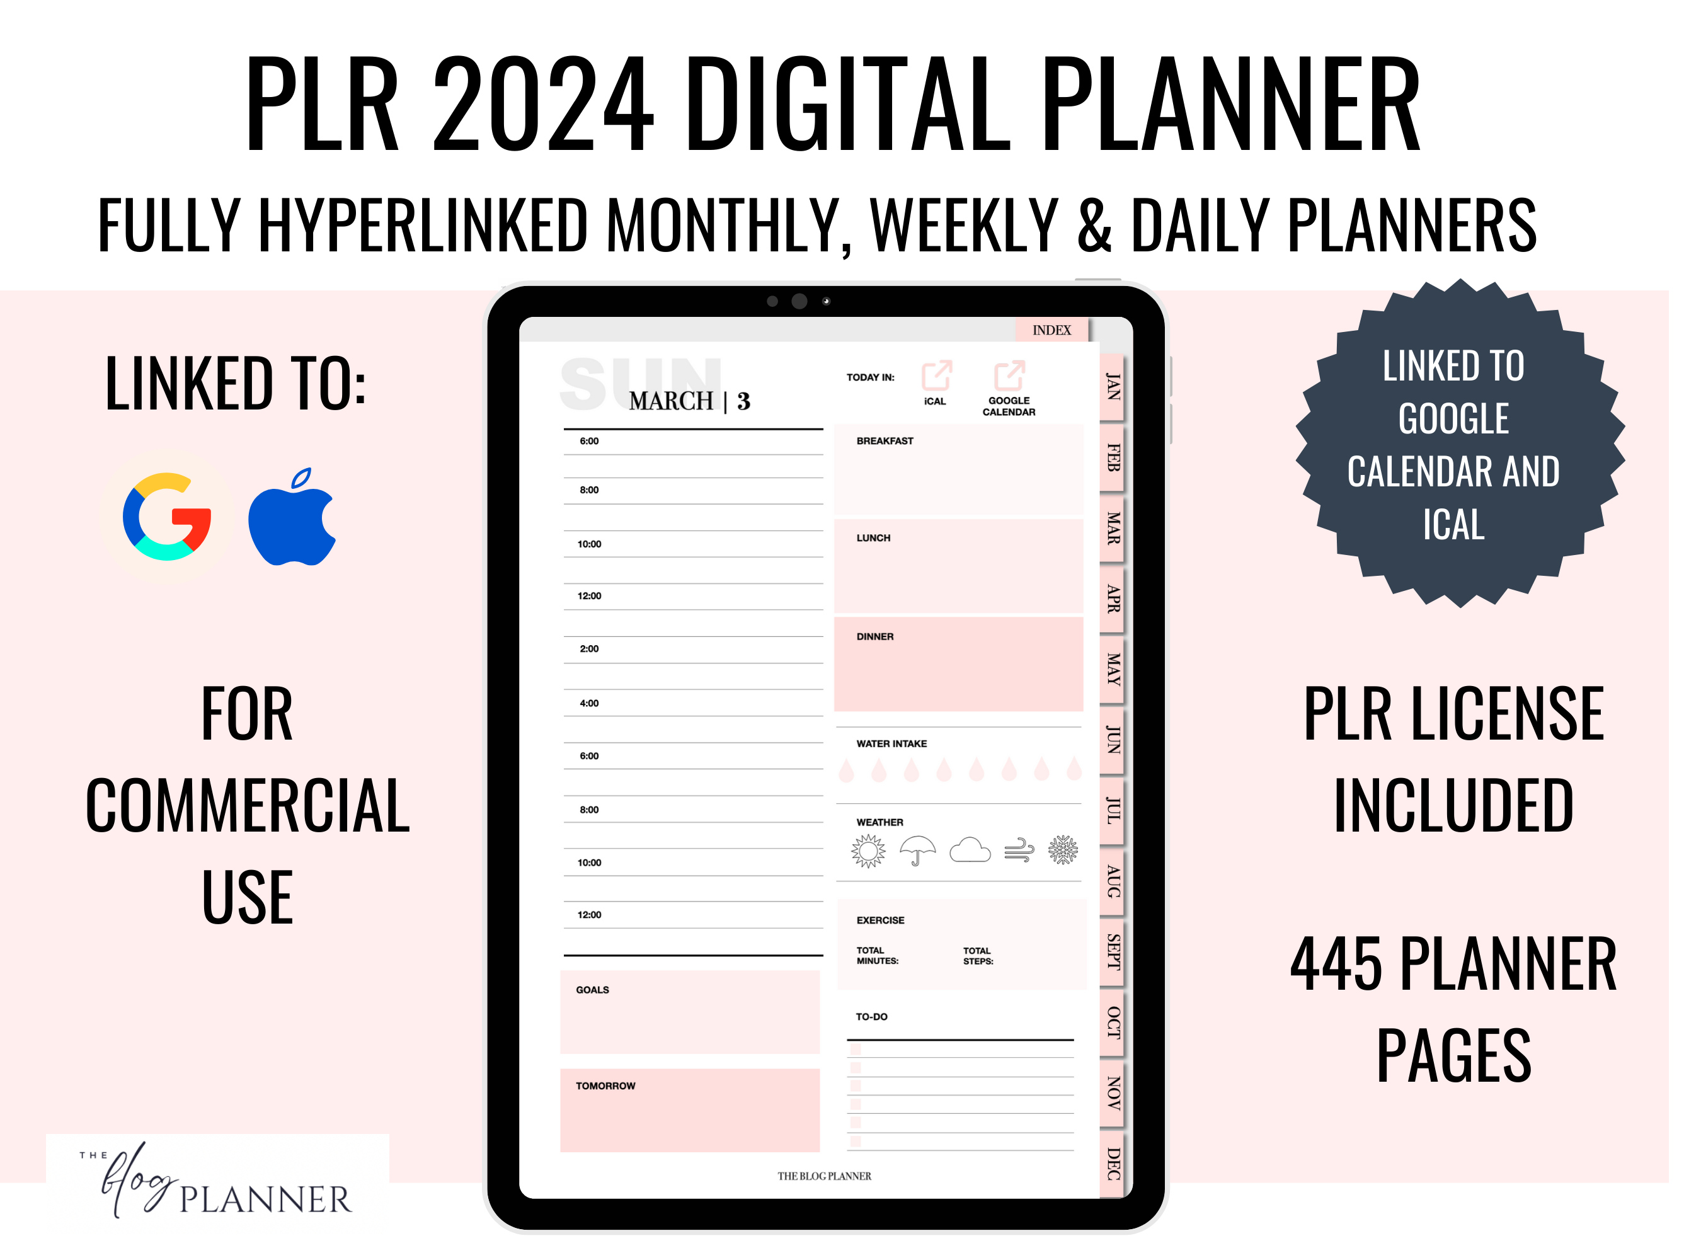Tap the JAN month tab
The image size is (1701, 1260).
point(1113,387)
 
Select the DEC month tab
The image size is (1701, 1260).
point(1113,1164)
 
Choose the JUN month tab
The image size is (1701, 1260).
point(1113,740)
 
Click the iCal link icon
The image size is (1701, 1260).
point(936,375)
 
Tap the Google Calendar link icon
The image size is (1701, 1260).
point(1009,375)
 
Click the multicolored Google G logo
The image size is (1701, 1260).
point(167,517)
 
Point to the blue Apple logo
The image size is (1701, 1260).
point(292,517)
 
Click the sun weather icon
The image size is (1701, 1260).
point(868,850)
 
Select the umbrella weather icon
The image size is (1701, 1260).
point(918,850)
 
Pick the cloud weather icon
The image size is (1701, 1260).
point(970,850)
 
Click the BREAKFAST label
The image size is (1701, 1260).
point(884,441)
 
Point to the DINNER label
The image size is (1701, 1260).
point(874,636)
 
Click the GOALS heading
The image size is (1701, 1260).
point(592,989)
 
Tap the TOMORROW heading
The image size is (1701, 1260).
point(605,1085)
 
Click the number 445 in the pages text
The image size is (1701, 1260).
point(1336,964)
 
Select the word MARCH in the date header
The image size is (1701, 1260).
point(670,401)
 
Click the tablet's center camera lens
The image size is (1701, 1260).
point(799,301)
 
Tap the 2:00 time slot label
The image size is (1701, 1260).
point(589,648)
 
